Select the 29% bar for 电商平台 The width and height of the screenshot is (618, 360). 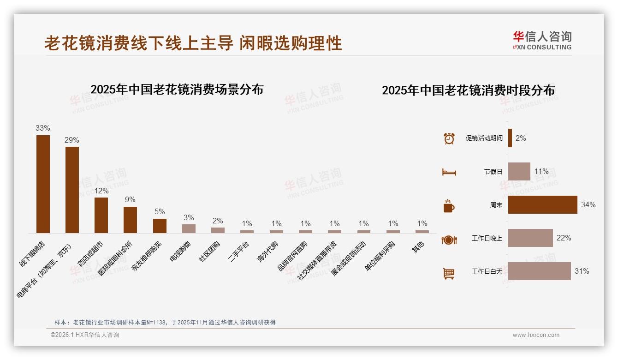[72, 190]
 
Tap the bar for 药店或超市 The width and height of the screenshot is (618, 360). [101, 215]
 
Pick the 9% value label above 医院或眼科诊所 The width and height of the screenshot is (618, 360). [130, 200]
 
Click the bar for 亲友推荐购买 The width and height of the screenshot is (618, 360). [160, 226]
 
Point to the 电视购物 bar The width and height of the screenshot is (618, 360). [189, 228]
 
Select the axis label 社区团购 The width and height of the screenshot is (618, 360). [210, 252]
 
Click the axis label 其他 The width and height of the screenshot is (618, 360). [418, 247]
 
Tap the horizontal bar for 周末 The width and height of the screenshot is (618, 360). [542, 204]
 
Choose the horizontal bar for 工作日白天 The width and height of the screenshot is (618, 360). [539, 271]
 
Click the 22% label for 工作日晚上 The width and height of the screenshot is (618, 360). [564, 238]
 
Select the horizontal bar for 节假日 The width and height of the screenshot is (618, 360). [519, 171]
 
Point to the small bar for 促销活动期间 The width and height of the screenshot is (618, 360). [510, 138]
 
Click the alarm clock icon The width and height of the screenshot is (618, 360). [449, 138]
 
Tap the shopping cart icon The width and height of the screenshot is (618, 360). [449, 273]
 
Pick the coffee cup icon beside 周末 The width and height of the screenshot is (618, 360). [449, 206]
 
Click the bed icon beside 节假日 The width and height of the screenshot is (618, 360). [449, 172]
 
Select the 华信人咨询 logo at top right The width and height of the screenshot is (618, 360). [542, 40]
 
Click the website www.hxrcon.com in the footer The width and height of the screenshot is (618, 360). [535, 335]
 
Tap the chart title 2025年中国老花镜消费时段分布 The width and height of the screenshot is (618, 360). [468, 90]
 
